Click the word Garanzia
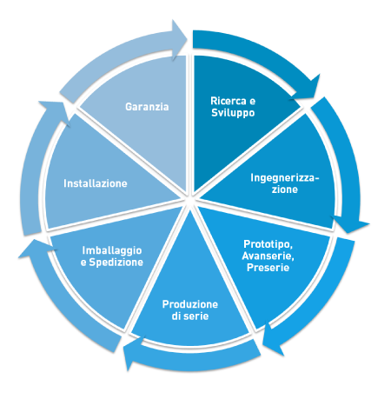147,107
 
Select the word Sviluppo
233,113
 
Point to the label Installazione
96,183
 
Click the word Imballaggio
112,251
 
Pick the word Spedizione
116,263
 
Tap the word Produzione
190,304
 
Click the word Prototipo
268,244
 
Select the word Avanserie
268,256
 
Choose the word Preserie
268,268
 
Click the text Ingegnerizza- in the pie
285,178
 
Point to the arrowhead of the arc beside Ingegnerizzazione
350,224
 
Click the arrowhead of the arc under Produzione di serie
133,352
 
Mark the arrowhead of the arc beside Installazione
55,111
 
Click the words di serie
190,316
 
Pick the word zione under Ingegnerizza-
285,190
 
